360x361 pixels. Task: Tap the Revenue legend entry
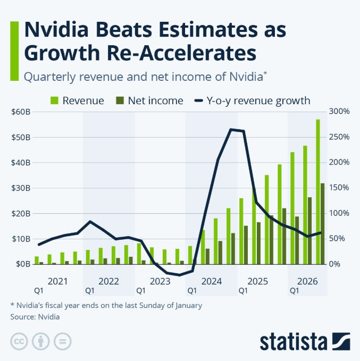click(x=77, y=100)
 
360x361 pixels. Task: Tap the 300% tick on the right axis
click(x=339, y=112)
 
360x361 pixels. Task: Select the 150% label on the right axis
click(x=339, y=188)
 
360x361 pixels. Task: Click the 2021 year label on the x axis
click(x=57, y=280)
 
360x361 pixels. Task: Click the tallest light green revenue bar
click(x=318, y=191)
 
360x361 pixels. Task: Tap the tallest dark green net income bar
click(x=323, y=223)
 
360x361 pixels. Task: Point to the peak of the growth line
click(x=232, y=129)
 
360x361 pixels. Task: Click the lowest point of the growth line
click(x=180, y=275)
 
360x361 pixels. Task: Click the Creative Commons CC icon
click(x=19, y=341)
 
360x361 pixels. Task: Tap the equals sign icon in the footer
click(x=62, y=341)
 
